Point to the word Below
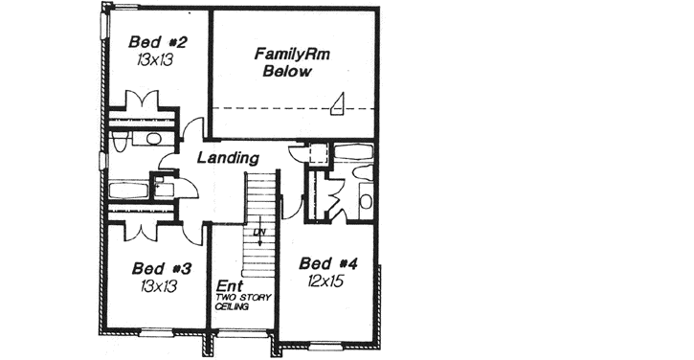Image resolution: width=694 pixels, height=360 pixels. pos(286,74)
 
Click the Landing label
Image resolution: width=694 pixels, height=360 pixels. pos(227,158)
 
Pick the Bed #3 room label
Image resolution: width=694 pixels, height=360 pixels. pos(156,269)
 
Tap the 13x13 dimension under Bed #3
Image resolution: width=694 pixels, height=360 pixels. pos(156,285)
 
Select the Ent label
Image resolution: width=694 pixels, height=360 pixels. pos(227,286)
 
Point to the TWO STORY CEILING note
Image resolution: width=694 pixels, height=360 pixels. pos(244,303)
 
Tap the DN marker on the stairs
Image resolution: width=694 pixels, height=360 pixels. pos(257,233)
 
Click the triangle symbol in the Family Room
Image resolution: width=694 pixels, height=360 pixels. pos(338,104)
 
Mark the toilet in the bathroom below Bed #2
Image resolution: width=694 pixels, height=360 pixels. pos(118,143)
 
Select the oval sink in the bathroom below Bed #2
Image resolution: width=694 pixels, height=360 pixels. pos(152,140)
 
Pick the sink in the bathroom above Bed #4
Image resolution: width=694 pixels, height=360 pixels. pos(366,202)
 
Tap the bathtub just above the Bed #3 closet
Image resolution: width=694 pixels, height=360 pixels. pos(128,189)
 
